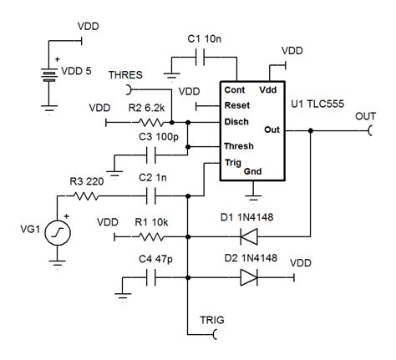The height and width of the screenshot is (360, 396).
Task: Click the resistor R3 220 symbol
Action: coord(84,197)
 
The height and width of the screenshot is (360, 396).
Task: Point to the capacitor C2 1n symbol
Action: coord(153,197)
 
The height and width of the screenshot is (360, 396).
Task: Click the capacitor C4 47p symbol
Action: coord(153,280)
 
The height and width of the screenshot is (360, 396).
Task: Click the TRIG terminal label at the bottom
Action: coord(211,319)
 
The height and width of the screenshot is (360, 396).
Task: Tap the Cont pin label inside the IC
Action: coord(235,89)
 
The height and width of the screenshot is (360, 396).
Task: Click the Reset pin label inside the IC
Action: coord(237,105)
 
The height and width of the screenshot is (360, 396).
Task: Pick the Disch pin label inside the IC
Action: coord(236,121)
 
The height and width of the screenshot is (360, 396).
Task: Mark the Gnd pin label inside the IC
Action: coord(253,171)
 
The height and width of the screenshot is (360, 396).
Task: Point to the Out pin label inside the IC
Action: coord(271,129)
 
